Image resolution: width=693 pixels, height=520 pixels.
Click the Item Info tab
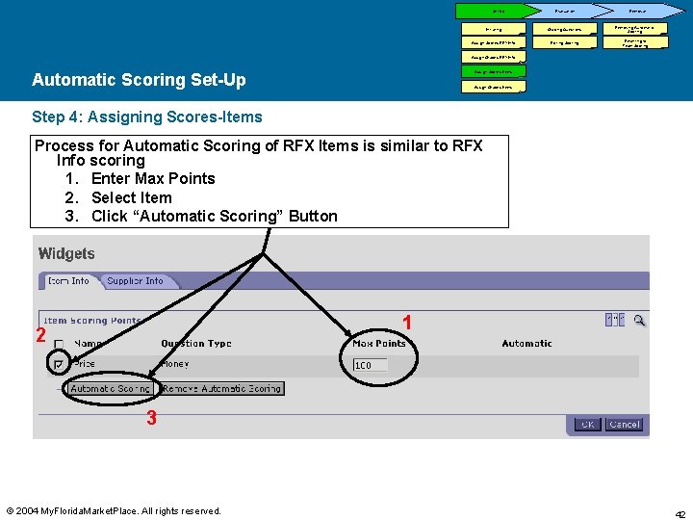coord(68,281)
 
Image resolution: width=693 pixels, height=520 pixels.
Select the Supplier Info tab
coord(135,281)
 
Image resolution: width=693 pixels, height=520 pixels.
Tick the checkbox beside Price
coord(59,364)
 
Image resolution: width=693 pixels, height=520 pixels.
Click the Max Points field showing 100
coord(370,365)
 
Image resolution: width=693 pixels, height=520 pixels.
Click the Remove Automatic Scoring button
coord(222,389)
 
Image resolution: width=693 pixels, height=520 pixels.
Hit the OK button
coord(586,424)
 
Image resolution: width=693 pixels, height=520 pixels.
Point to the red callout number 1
coord(407,324)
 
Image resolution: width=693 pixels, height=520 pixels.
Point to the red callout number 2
coord(40,335)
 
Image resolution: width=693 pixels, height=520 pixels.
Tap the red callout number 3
coord(151,418)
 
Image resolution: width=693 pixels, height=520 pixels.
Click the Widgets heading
coord(66,254)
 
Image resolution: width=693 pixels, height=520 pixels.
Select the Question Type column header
coord(196,343)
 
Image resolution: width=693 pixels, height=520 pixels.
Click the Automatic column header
coord(526,343)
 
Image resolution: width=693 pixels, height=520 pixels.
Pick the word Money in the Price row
coord(174,364)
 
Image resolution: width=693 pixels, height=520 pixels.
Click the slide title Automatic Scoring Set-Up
coord(139,80)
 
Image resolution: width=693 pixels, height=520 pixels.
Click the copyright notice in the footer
coord(114,510)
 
